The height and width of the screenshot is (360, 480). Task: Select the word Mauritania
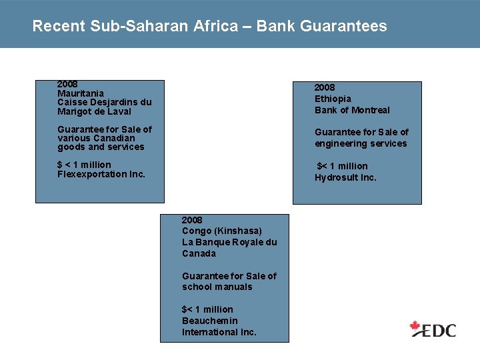pos(81,93)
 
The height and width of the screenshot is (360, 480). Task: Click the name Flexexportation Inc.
pos(101,174)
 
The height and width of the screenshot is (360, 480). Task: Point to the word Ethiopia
pos(333,99)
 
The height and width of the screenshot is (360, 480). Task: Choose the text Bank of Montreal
pos(352,110)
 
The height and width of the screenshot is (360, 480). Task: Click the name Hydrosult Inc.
pos(345,177)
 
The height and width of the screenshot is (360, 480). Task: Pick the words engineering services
pos(361,143)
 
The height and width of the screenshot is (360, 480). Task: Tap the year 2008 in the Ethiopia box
pos(325,87)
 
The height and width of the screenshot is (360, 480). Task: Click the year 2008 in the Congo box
pos(192,220)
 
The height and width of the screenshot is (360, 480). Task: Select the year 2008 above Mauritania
pos(67,85)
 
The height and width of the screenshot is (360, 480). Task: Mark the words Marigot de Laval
pos(94,111)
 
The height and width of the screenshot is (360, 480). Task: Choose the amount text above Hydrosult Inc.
pos(342,166)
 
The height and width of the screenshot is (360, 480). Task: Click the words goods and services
pos(101,147)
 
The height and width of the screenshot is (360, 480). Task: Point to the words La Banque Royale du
pos(229,242)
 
